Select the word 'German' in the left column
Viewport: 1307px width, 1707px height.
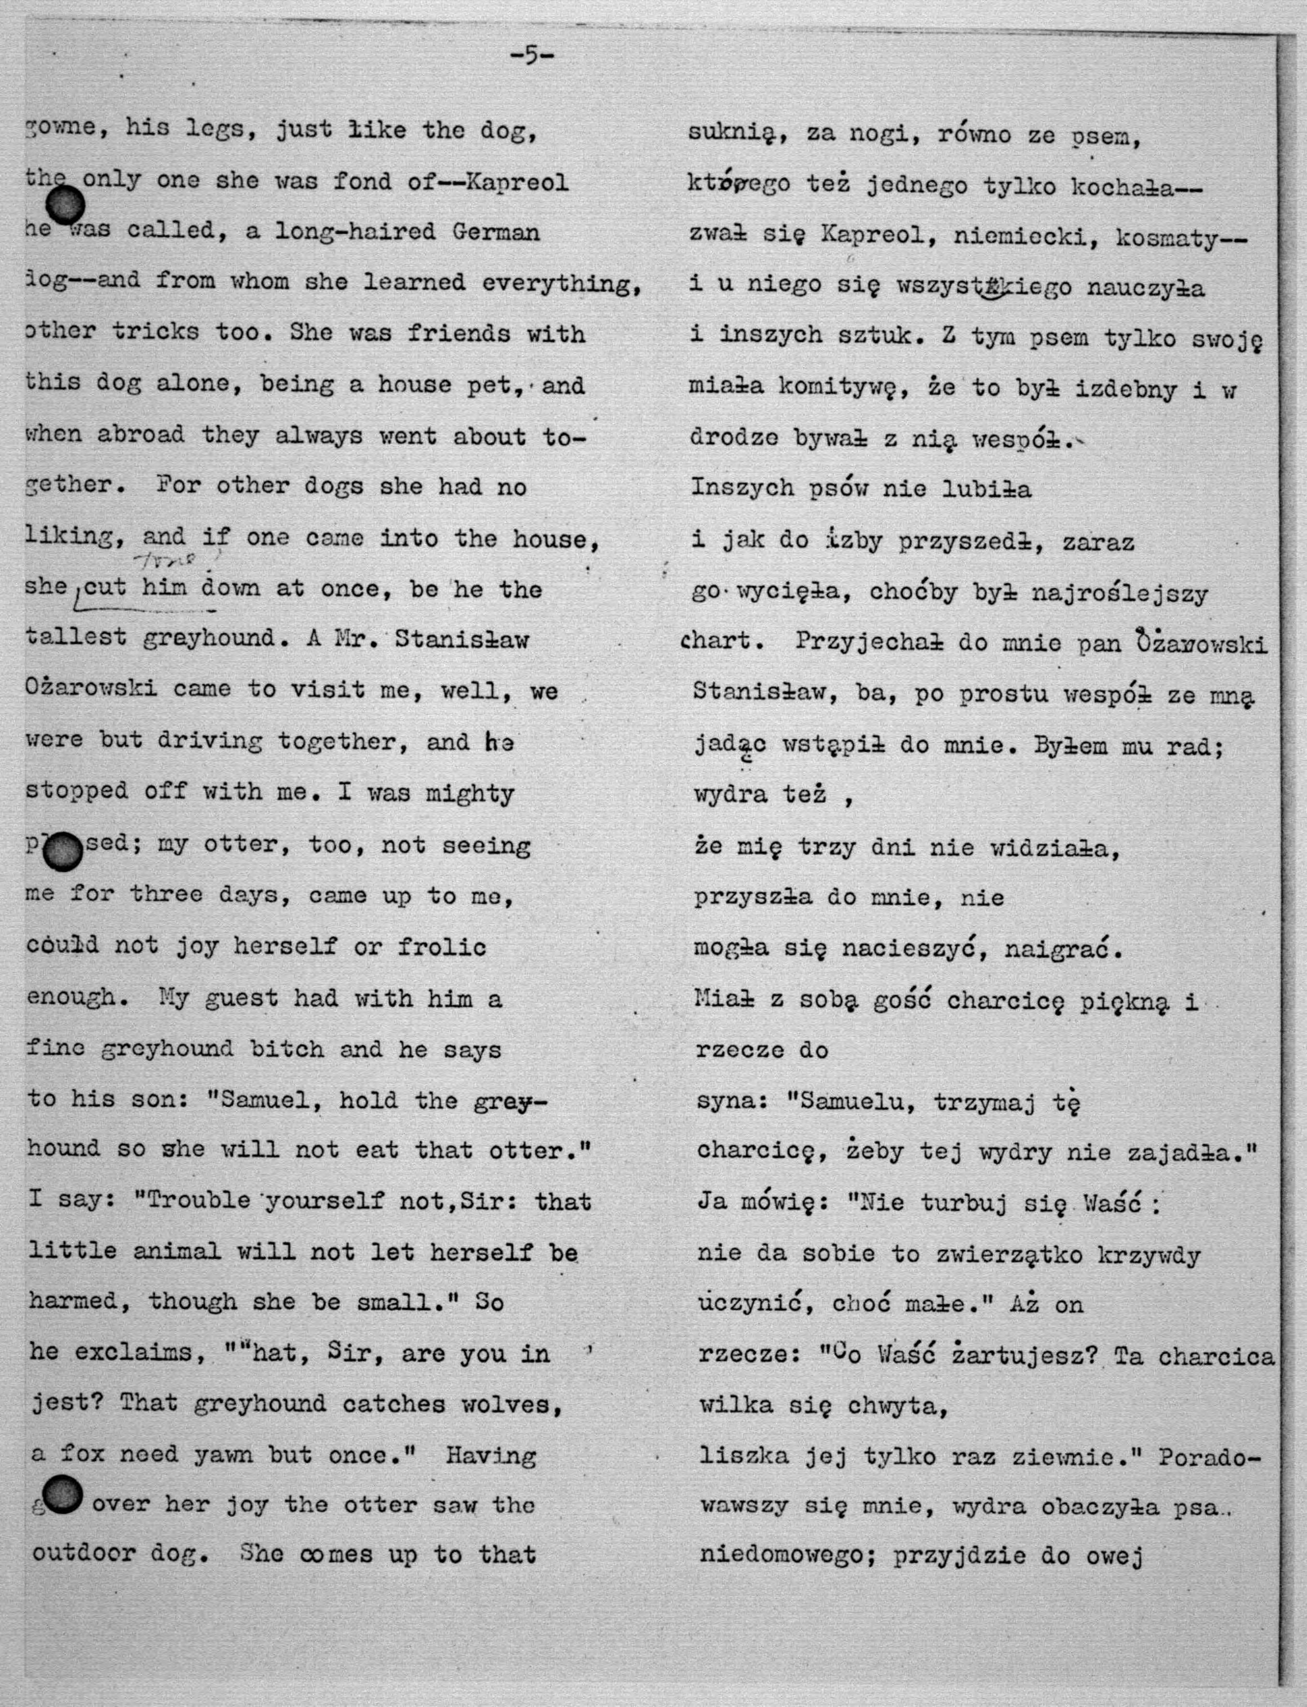point(495,232)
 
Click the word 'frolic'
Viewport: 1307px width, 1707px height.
point(442,947)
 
